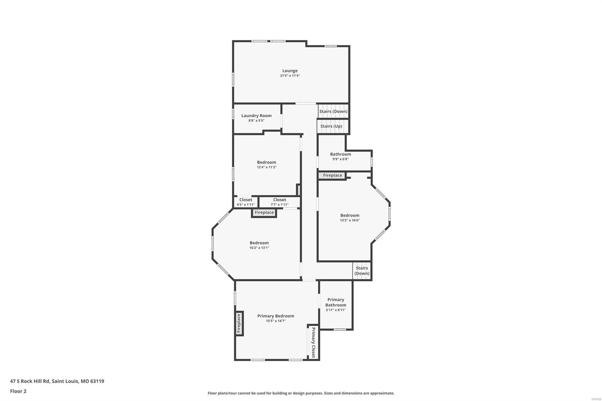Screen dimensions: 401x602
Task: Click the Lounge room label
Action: tap(290, 71)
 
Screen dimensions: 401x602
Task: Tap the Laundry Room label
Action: tap(256, 116)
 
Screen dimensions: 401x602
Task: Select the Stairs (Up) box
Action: tap(331, 126)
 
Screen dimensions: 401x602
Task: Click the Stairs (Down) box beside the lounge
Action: tap(333, 111)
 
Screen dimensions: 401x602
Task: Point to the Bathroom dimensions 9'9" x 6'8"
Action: tap(340, 159)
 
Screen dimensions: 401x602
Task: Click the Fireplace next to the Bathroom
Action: tap(332, 175)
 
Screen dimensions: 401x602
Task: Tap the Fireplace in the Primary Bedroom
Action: tap(239, 324)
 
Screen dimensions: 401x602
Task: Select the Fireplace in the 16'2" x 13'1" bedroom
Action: tap(264, 213)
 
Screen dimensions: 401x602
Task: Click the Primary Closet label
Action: tap(313, 343)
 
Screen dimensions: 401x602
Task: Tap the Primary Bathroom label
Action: tap(336, 302)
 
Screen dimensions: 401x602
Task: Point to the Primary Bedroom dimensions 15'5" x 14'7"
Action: tap(276, 321)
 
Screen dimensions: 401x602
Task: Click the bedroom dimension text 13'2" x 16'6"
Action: tap(350, 220)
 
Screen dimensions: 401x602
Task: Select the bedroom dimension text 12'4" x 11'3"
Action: tap(266, 167)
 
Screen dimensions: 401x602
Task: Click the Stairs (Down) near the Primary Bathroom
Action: tap(362, 270)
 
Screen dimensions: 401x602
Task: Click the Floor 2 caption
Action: tap(18, 391)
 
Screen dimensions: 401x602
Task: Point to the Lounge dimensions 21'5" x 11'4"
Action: tap(290, 76)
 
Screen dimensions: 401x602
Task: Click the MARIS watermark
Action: tap(596, 398)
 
